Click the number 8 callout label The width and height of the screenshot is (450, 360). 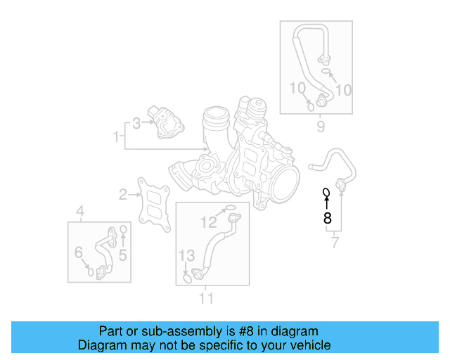pyautogui.click(x=327, y=218)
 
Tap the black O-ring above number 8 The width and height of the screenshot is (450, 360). pyautogui.click(x=326, y=192)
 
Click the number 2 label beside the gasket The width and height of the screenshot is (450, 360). pyautogui.click(x=122, y=194)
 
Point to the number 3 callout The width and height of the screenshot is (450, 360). pyautogui.click(x=136, y=123)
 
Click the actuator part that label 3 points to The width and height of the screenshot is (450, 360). pyautogui.click(x=165, y=121)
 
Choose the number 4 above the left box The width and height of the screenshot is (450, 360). pyautogui.click(x=80, y=211)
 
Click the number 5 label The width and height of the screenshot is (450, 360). pyautogui.click(x=122, y=255)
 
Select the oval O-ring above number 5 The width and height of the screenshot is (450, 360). pyautogui.click(x=123, y=229)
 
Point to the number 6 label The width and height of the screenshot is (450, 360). pyautogui.click(x=79, y=252)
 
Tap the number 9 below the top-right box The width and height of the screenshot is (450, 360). pyautogui.click(x=321, y=127)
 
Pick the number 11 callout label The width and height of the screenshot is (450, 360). pyautogui.click(x=205, y=297)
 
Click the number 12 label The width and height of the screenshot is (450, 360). pyautogui.click(x=210, y=223)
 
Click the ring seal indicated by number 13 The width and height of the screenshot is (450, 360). pyautogui.click(x=186, y=279)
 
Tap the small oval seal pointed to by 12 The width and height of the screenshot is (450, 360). pyautogui.click(x=229, y=208)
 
